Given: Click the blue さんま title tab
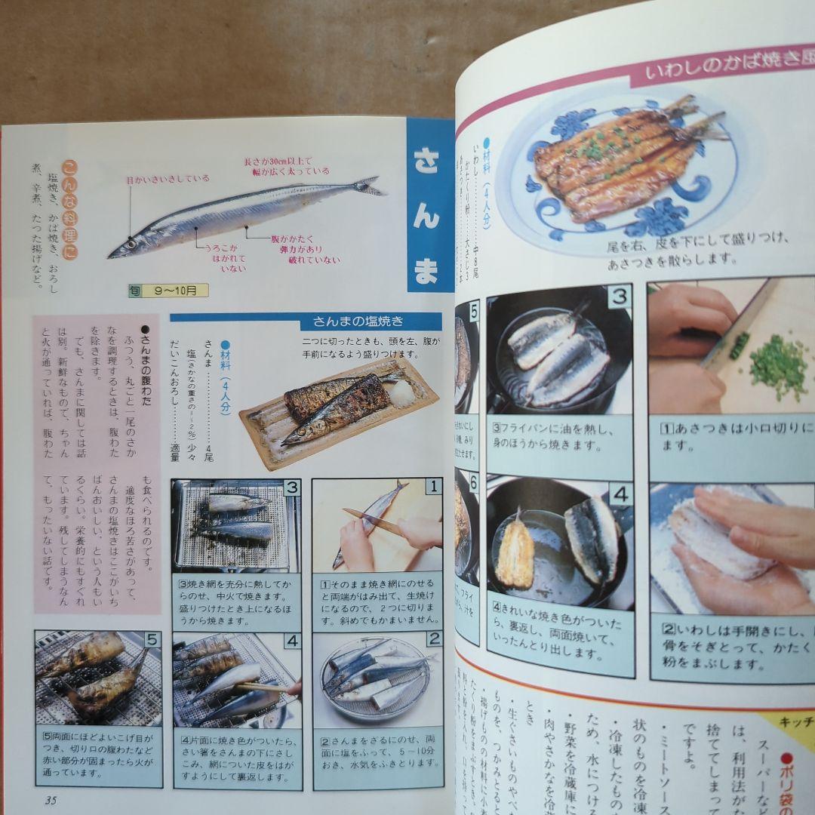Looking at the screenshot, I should tap(428, 205).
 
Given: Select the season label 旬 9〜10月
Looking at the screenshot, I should tap(168, 291).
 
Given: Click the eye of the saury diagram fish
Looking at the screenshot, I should tap(131, 244).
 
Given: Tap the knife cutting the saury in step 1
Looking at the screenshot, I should tap(375, 521).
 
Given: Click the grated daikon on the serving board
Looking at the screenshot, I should tap(400, 392).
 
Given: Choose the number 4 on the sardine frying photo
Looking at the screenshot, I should tap(620, 495).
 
